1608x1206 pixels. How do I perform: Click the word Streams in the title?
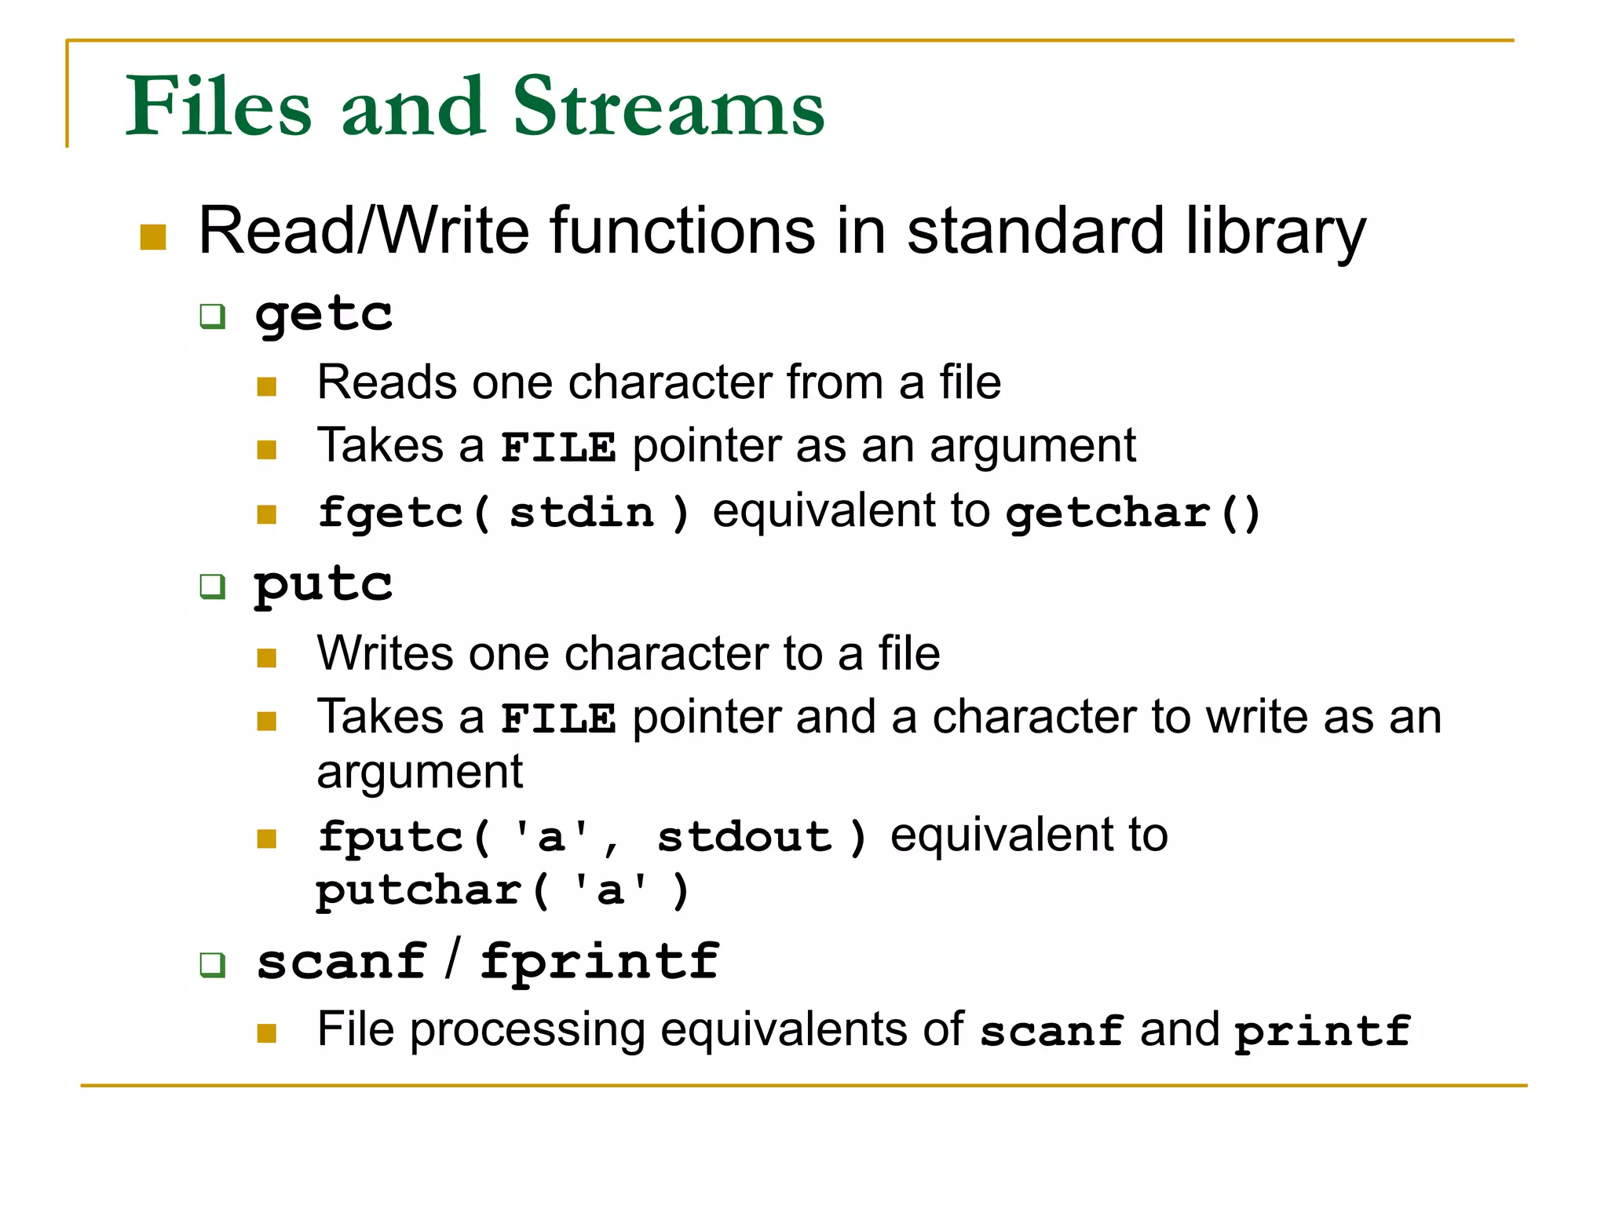point(668,108)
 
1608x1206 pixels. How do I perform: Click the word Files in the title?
point(219,108)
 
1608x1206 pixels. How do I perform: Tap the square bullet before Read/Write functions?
point(153,237)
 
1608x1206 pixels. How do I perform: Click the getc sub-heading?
point(323,316)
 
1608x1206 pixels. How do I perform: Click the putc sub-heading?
point(323,585)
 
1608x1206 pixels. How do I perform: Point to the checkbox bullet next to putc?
point(213,587)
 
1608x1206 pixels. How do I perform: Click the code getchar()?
point(1133,513)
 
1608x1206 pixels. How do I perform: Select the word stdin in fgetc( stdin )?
point(582,513)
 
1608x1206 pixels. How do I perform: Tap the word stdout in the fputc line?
point(744,837)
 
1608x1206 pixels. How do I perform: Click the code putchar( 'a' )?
point(502,891)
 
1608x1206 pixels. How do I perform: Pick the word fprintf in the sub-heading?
point(599,961)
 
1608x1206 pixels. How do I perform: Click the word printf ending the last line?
point(1322,1031)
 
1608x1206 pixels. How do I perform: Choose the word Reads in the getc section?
point(386,382)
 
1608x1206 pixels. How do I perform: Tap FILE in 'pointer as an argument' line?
point(558,448)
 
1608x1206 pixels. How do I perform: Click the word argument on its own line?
point(419,772)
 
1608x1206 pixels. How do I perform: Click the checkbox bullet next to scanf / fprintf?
point(213,965)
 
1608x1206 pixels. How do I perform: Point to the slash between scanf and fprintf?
point(452,959)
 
